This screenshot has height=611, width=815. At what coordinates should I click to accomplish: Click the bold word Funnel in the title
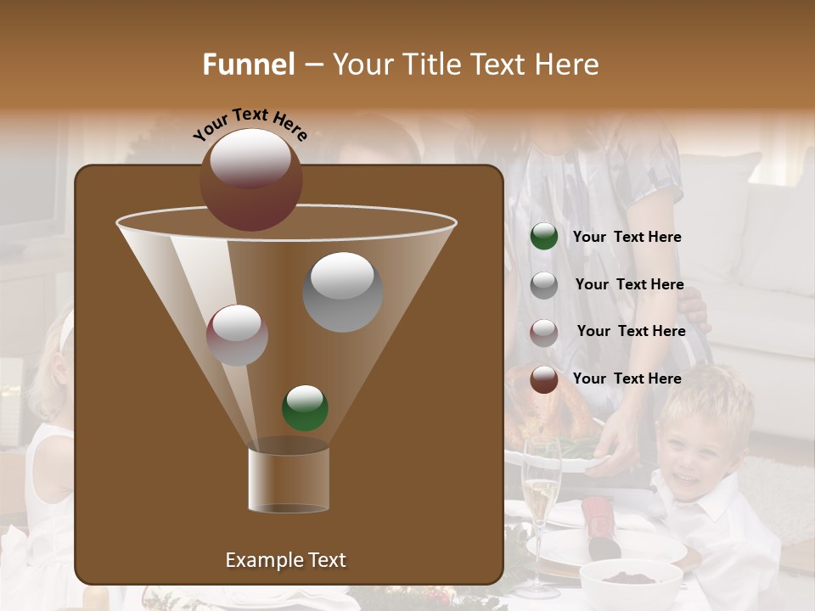[249, 64]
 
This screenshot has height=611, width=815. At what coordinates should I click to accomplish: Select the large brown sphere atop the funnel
[250, 179]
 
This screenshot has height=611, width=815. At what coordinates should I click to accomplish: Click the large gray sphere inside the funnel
[342, 291]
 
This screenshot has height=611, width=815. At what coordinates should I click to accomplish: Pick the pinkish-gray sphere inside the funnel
[237, 334]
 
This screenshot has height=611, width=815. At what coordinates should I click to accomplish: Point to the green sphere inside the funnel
[305, 407]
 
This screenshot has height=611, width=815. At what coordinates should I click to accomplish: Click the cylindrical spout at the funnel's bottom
[289, 475]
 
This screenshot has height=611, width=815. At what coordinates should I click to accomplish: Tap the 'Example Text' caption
[285, 560]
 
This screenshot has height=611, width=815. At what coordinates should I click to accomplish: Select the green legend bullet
[544, 237]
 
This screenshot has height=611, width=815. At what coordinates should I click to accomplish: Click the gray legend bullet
[544, 284]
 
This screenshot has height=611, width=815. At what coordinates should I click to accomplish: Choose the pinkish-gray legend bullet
[544, 332]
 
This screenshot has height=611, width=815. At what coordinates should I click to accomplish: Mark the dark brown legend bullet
[544, 378]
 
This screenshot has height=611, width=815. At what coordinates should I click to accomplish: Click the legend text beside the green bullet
[627, 238]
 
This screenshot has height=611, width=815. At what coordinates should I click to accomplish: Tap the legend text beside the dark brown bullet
[627, 378]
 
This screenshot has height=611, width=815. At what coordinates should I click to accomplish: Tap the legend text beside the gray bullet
[629, 284]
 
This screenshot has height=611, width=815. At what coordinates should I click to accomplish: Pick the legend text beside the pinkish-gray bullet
[631, 331]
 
